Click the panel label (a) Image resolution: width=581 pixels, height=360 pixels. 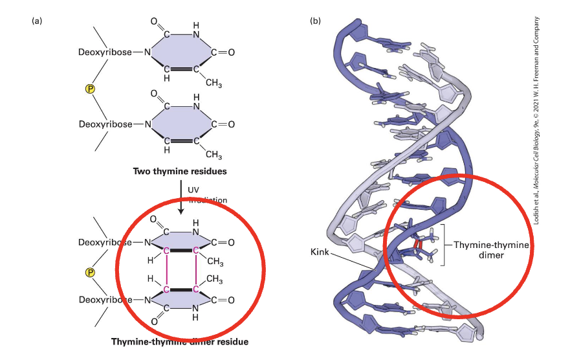click(37, 21)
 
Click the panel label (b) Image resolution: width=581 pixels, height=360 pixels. click(316, 21)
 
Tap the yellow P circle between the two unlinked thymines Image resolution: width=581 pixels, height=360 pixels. click(92, 87)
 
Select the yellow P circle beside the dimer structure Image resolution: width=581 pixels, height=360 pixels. click(92, 271)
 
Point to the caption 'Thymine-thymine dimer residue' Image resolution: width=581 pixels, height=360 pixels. click(179, 341)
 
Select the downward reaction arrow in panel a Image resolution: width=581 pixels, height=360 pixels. click(181, 197)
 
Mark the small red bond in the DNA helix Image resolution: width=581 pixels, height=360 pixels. click(418, 245)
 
